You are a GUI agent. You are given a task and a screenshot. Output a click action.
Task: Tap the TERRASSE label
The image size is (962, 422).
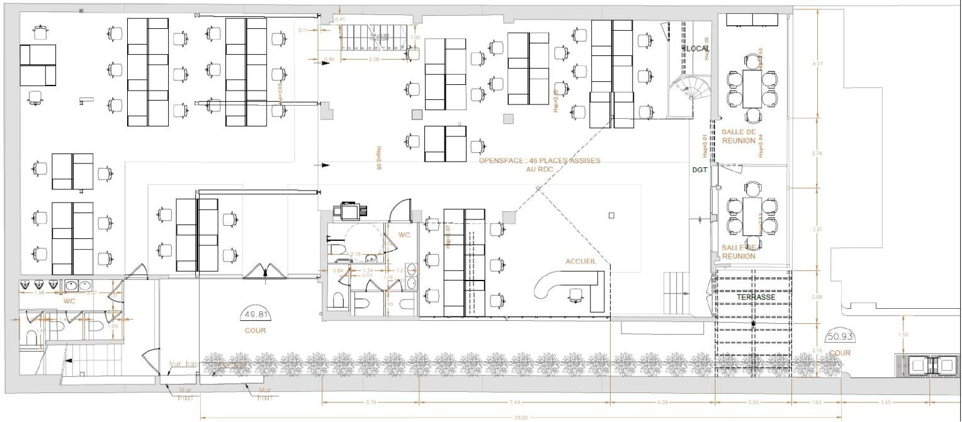pyautogui.click(x=755, y=296)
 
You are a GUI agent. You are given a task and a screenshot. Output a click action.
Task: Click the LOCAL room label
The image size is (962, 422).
pyautogui.click(x=697, y=48)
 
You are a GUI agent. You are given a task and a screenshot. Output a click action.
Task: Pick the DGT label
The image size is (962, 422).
pyautogui.click(x=701, y=170)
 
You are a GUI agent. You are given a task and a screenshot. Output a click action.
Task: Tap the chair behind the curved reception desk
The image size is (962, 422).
pyautogui.click(x=575, y=294)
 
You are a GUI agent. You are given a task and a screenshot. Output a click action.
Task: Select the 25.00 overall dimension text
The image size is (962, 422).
pyautogui.click(x=521, y=417)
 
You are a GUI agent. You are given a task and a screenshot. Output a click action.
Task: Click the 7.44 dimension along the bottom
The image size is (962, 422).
pyautogui.click(x=515, y=402)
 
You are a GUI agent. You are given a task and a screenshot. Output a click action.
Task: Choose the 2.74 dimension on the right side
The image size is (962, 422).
pyautogui.click(x=817, y=153)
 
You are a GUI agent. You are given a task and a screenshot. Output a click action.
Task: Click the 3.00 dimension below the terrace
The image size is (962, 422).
pyautogui.click(x=753, y=402)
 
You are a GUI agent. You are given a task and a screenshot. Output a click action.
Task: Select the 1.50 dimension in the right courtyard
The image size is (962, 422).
pyautogui.click(x=903, y=335)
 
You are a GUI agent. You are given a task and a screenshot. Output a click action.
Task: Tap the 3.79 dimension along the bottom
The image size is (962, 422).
pyautogui.click(x=371, y=402)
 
